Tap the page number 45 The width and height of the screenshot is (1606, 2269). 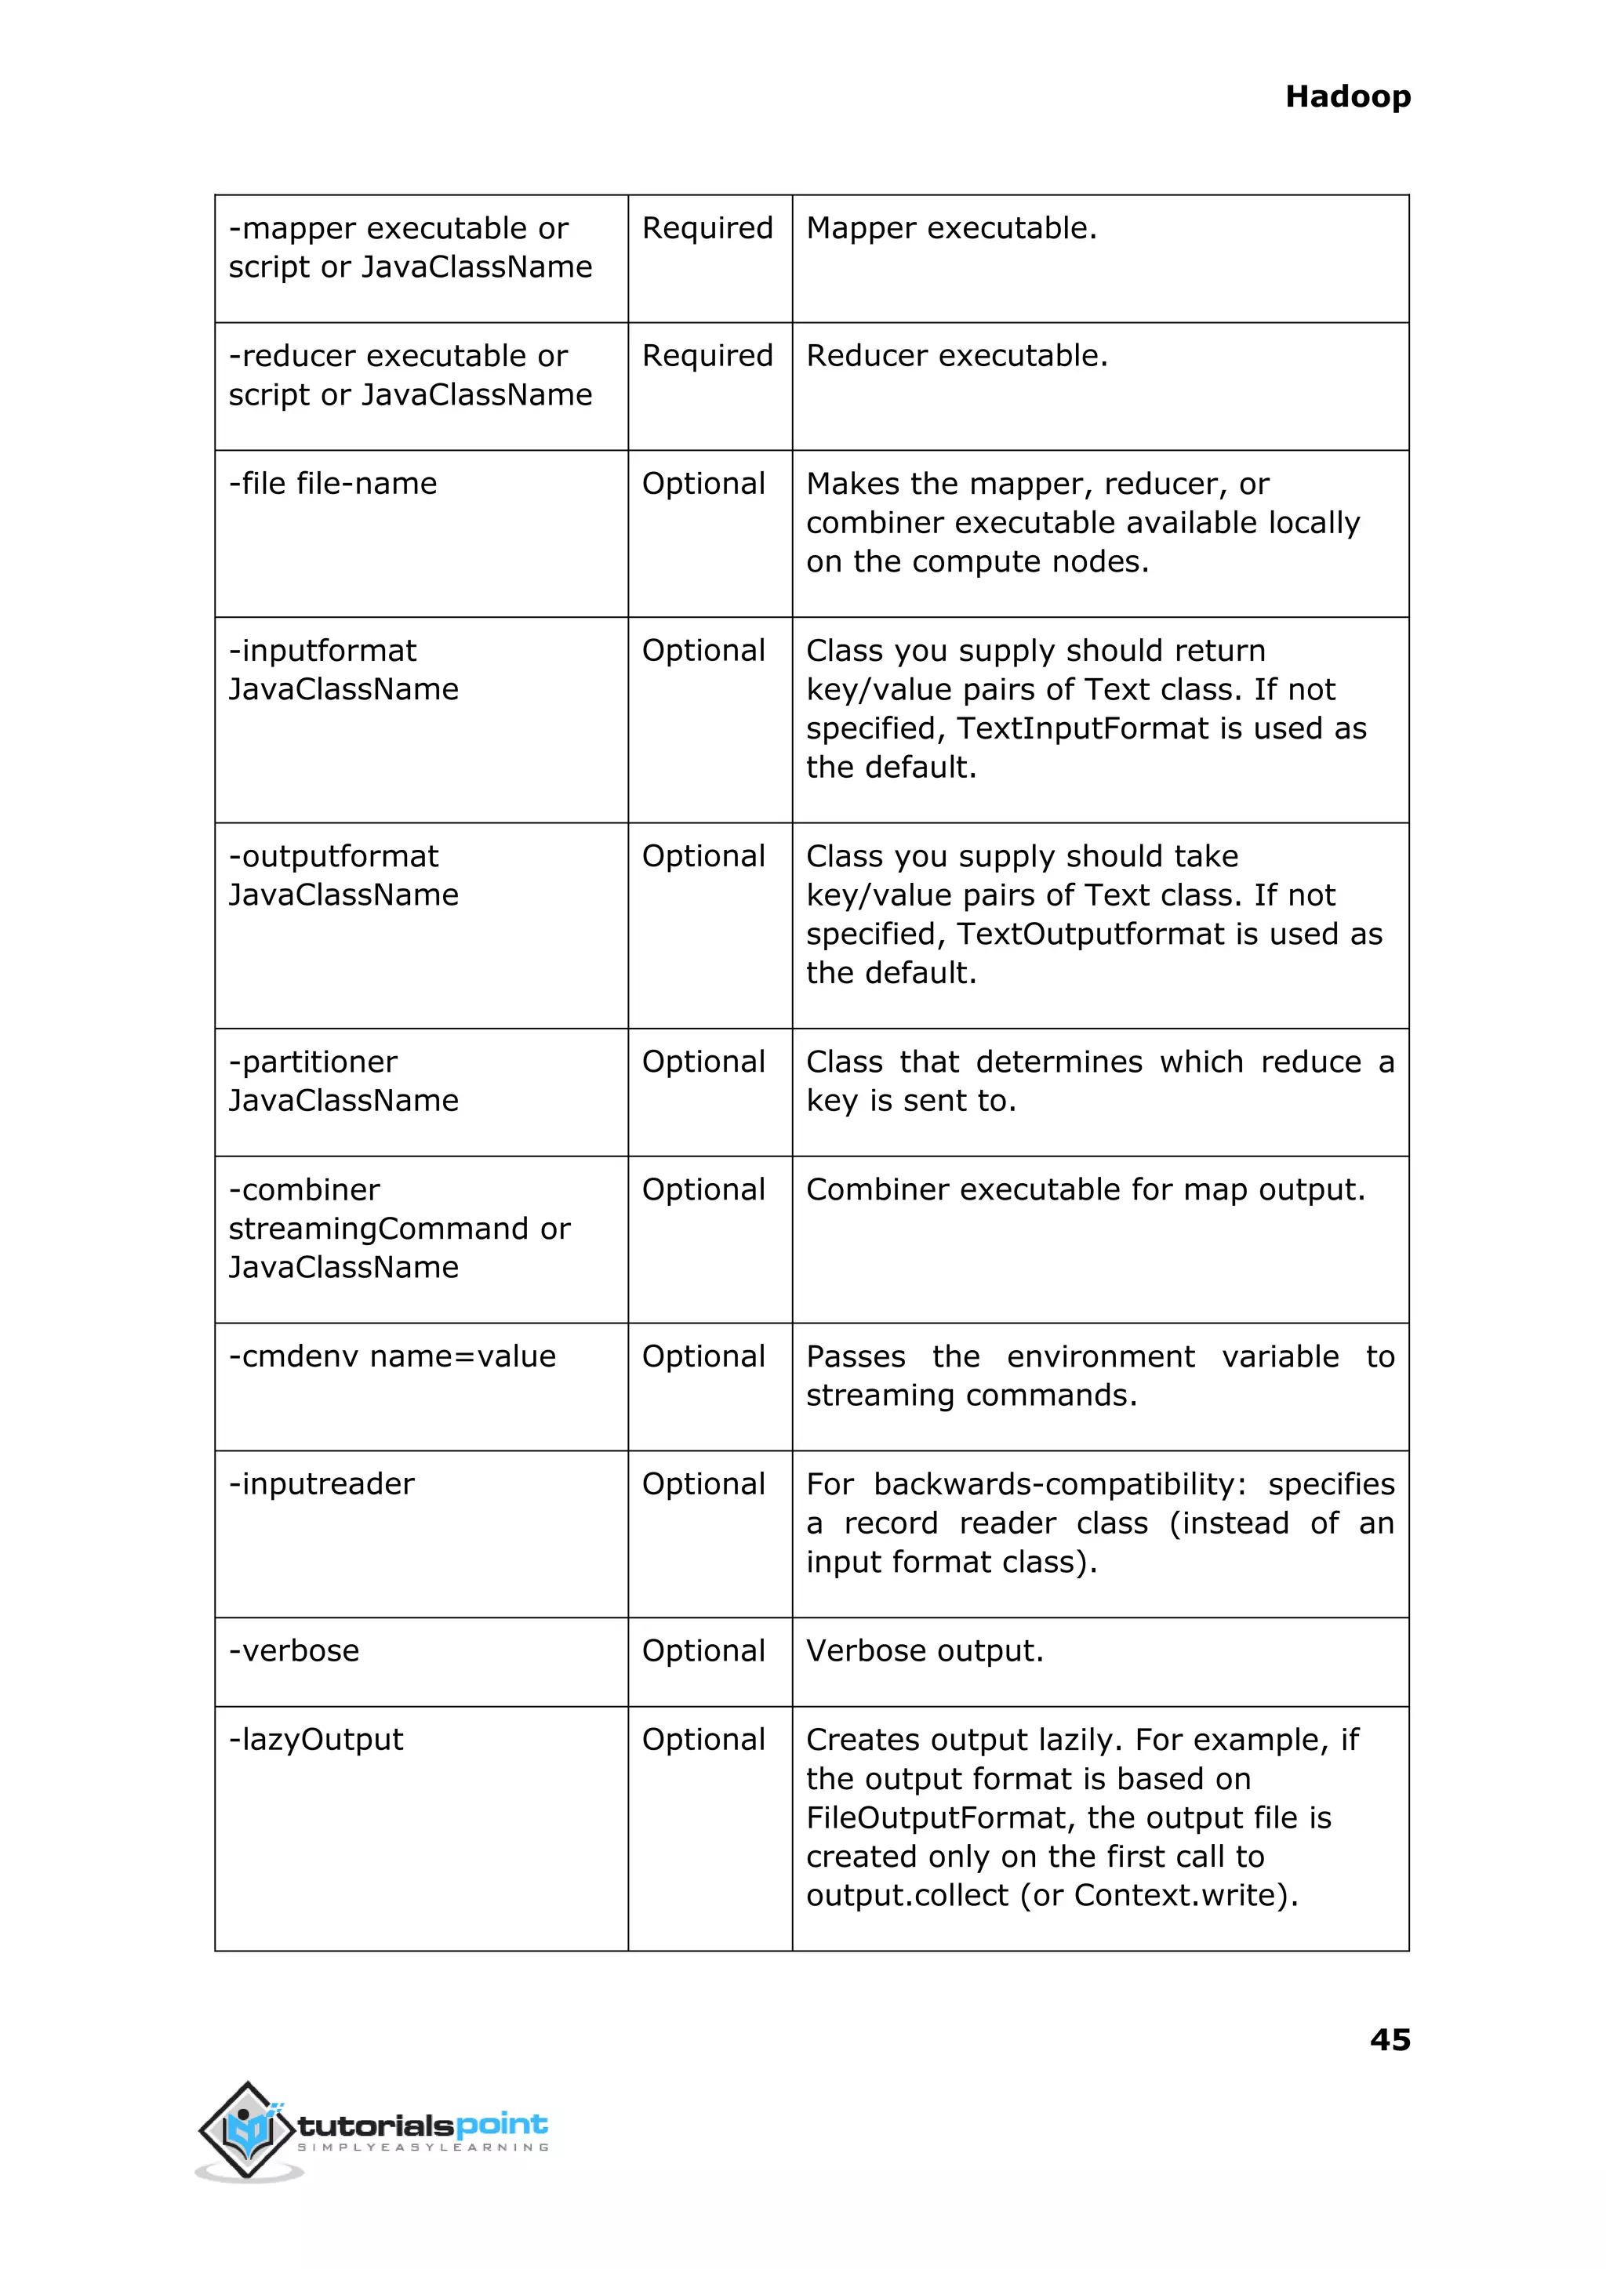(x=1390, y=2038)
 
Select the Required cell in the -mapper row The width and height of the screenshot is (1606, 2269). (x=707, y=228)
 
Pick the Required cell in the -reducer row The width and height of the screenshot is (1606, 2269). (x=707, y=356)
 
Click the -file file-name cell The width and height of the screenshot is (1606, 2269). (x=332, y=484)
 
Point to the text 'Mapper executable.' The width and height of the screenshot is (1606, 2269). (x=951, y=228)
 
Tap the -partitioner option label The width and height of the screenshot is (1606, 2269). (x=313, y=1062)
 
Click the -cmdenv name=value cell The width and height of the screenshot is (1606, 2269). (x=391, y=1356)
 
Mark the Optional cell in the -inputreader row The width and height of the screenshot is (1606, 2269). (x=703, y=1484)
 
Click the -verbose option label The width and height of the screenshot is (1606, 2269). (x=294, y=1651)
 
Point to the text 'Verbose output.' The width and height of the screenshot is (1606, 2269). (x=925, y=1651)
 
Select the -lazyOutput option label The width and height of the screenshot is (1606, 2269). (x=315, y=1740)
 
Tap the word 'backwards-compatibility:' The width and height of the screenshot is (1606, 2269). (x=1060, y=1484)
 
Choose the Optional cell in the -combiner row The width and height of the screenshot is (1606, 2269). (x=703, y=1189)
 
